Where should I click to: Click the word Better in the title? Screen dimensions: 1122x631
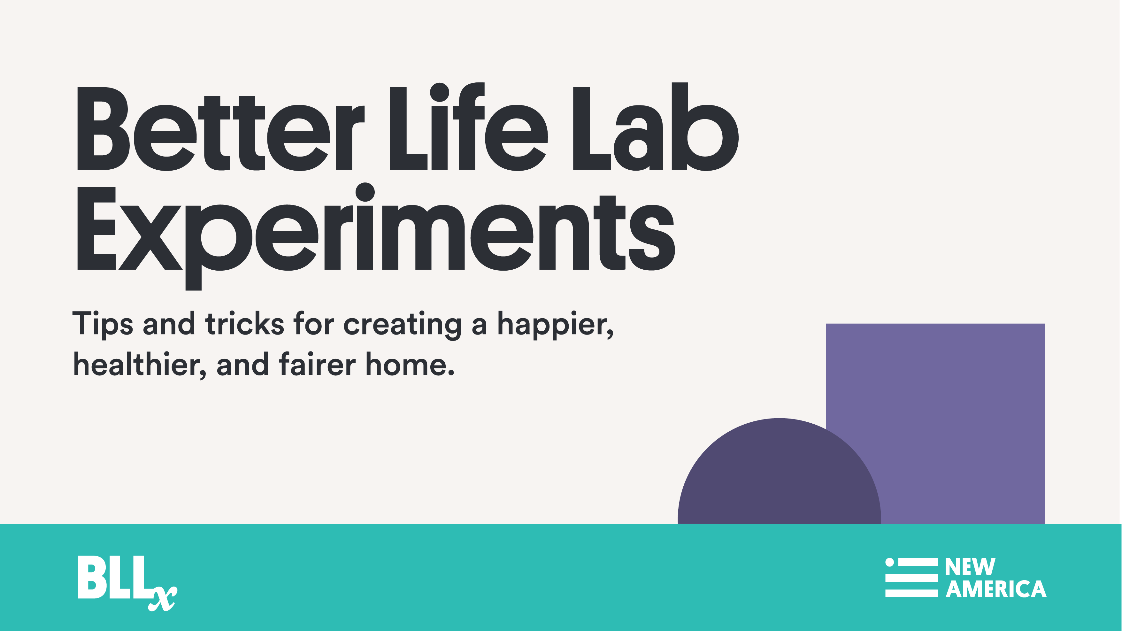[221, 128]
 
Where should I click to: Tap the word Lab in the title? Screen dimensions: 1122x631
[656, 126]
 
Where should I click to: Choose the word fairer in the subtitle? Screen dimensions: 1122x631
[318, 364]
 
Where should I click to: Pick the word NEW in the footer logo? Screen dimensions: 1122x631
[970, 567]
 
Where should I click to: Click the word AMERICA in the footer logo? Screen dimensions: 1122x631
[996, 589]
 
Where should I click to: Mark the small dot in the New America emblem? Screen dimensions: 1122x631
[889, 562]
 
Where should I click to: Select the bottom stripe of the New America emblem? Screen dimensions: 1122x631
[911, 593]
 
